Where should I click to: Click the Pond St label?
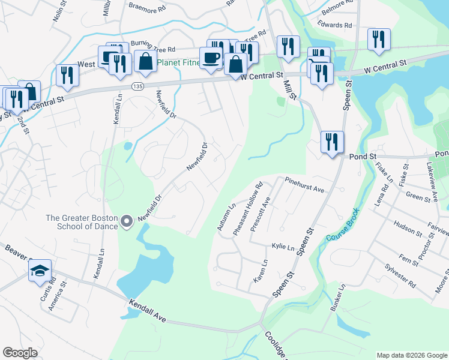(x=364, y=156)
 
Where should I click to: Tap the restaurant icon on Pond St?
(x=332, y=142)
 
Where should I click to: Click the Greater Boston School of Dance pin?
(x=126, y=222)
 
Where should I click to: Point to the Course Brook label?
(x=342, y=225)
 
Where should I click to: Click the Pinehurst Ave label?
(x=304, y=184)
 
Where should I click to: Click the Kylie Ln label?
(x=283, y=247)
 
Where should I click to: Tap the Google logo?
(x=20, y=353)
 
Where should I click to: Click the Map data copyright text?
(x=412, y=355)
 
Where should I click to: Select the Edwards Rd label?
(x=336, y=25)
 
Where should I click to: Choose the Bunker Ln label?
(x=339, y=297)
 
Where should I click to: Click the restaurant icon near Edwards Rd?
(x=379, y=39)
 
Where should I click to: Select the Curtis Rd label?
(x=53, y=287)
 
